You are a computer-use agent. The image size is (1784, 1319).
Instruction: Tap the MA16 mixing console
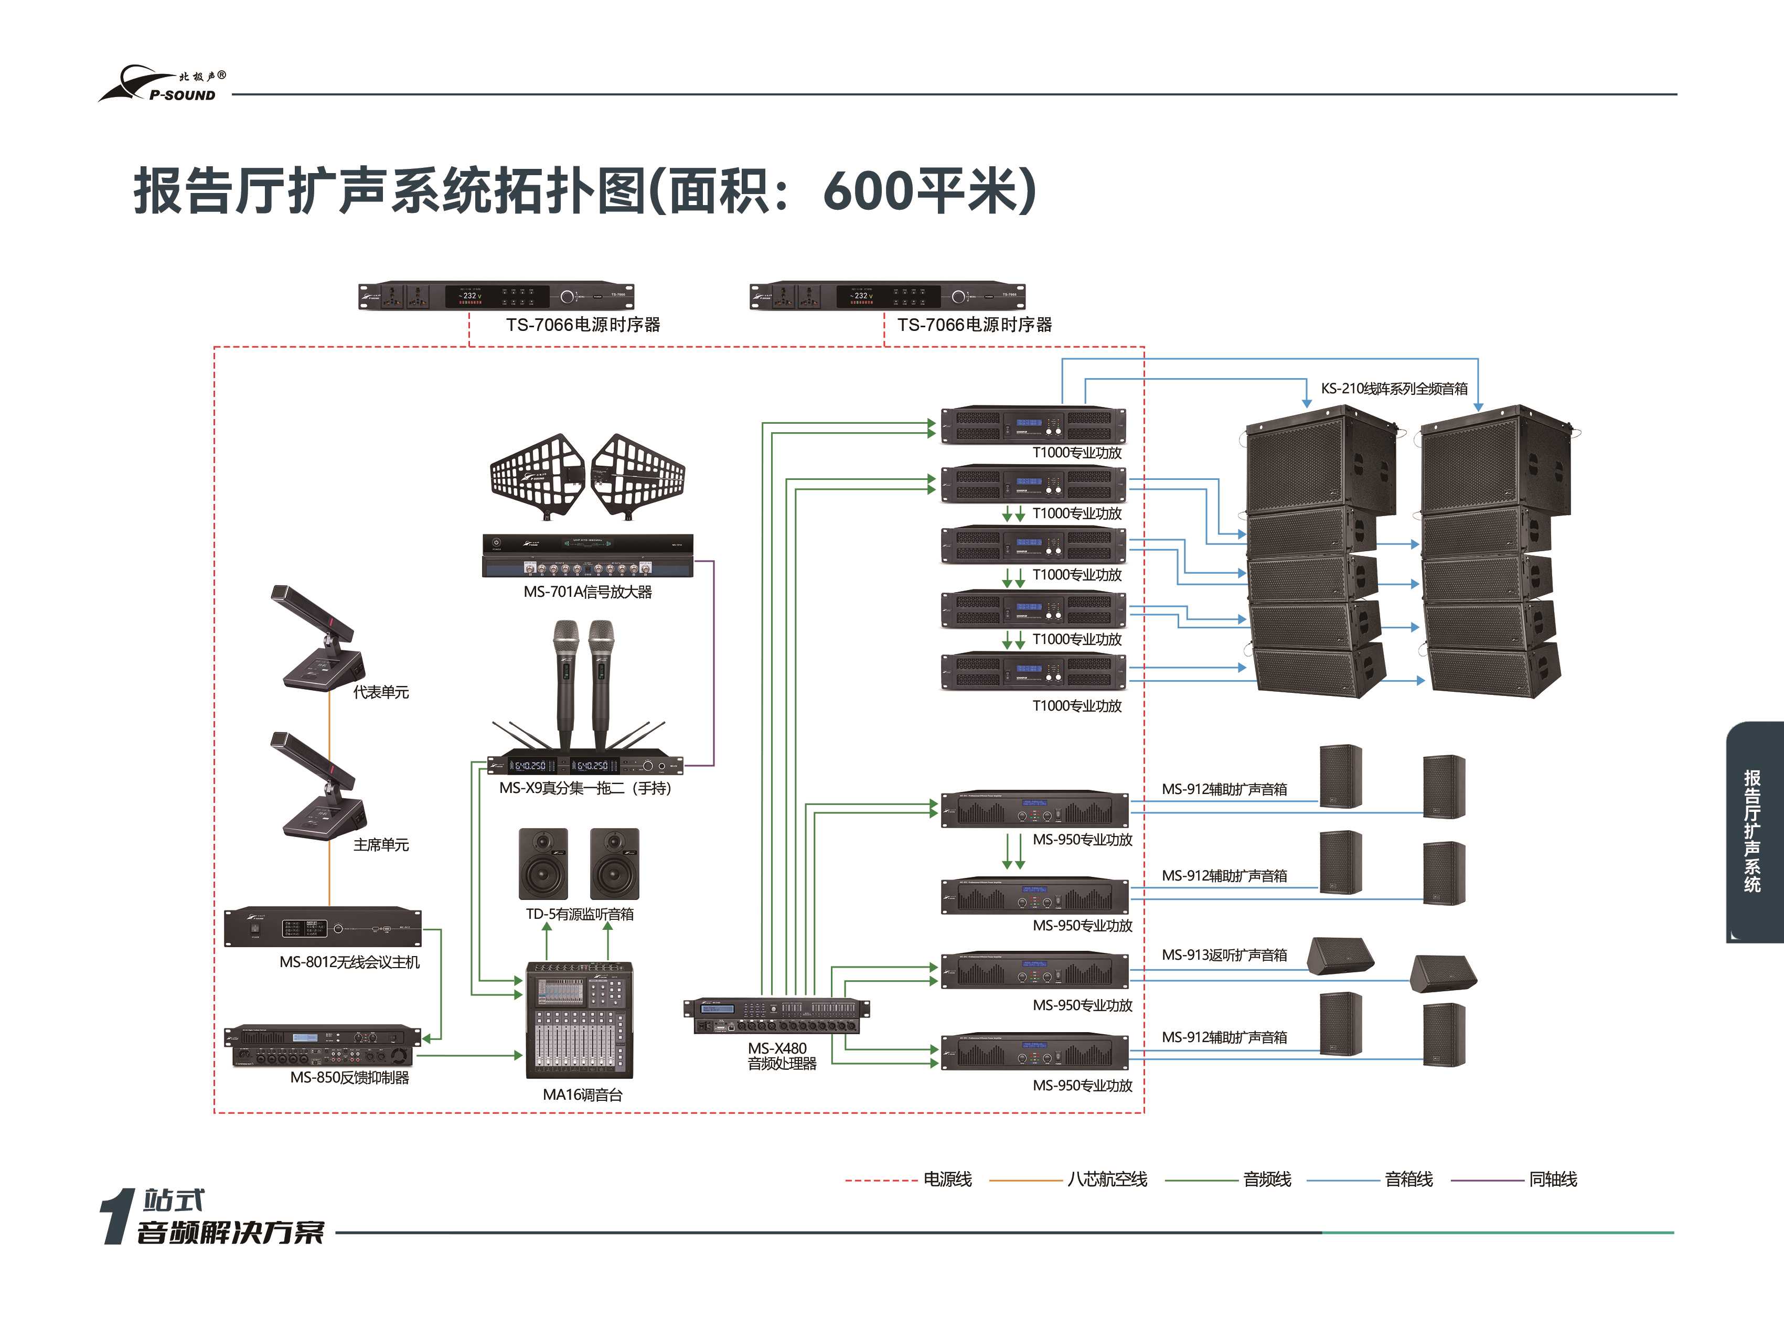point(580,1021)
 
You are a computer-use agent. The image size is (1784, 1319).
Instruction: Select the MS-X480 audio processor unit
point(776,1015)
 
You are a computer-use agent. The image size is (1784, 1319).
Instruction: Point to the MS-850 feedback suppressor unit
point(323,1045)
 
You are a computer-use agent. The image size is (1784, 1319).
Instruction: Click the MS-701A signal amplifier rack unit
point(587,555)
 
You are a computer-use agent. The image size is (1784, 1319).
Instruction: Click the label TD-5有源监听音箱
point(580,914)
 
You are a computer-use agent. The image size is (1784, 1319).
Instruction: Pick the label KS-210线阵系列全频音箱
point(1394,389)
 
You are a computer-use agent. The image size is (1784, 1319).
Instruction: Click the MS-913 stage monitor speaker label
point(1224,955)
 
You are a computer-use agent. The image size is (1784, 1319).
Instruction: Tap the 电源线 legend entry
point(947,1179)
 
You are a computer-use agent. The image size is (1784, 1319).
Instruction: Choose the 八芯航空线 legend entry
point(1107,1179)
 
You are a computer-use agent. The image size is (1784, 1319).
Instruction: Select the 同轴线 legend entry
point(1553,1179)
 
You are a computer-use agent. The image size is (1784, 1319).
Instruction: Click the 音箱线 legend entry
point(1408,1179)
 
